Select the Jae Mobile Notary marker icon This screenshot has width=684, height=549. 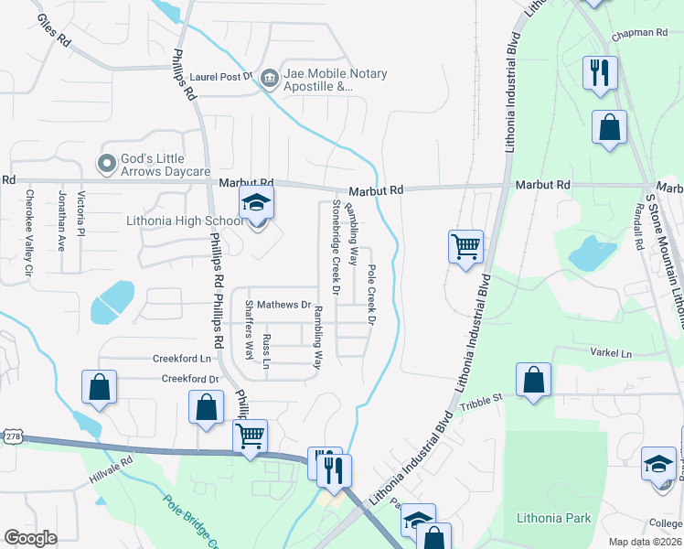click(x=269, y=79)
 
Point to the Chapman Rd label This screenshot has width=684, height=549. click(x=641, y=34)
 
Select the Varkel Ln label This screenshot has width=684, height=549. click(x=613, y=353)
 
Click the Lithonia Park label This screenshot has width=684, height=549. click(x=554, y=518)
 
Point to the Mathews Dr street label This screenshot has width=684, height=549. click(x=284, y=305)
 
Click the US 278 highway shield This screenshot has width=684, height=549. click(x=11, y=438)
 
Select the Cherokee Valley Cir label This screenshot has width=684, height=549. click(x=29, y=232)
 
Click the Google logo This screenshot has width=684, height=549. click(x=31, y=537)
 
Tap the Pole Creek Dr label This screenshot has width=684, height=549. click(x=371, y=296)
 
